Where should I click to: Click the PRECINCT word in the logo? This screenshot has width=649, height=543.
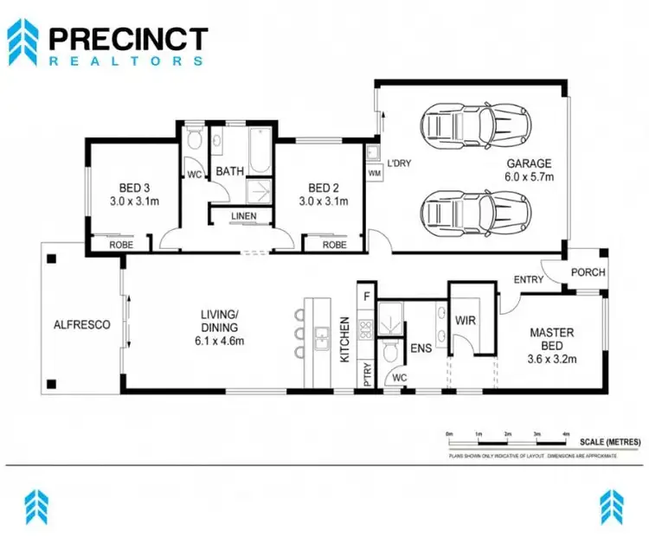coord(128,39)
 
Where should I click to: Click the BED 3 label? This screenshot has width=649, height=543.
coord(134,188)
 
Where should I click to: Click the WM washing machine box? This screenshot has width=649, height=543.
coord(374,174)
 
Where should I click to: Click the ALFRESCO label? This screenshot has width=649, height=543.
coord(81,325)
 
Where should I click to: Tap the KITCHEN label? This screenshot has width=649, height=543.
coord(344,340)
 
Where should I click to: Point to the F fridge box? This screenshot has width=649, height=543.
coord(366,294)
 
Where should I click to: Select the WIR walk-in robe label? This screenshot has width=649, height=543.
coord(466,319)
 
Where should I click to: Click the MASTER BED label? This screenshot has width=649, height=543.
coord(553,339)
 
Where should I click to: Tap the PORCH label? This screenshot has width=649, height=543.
coord(588,272)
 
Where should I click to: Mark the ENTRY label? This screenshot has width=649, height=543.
coord(529,279)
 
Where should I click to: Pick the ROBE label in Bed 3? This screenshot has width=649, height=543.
coord(120,245)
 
